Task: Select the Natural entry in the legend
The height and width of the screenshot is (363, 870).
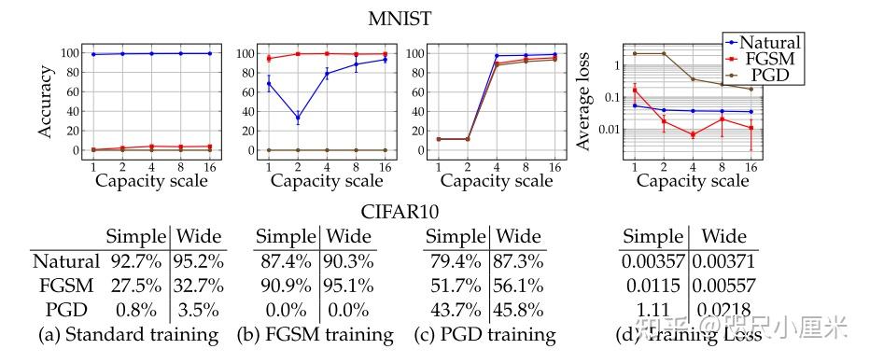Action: tap(766, 42)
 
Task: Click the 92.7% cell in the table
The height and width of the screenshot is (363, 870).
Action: tap(135, 262)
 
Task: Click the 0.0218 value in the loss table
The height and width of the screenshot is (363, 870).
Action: tap(724, 309)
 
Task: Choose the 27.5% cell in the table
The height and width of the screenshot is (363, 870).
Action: tap(135, 286)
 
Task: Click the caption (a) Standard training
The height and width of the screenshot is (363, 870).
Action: tap(125, 333)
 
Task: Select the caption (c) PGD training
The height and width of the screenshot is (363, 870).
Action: tap(484, 333)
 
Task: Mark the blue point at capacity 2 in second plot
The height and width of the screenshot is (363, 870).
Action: tap(298, 119)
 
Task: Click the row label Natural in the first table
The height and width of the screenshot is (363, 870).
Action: tap(64, 262)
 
